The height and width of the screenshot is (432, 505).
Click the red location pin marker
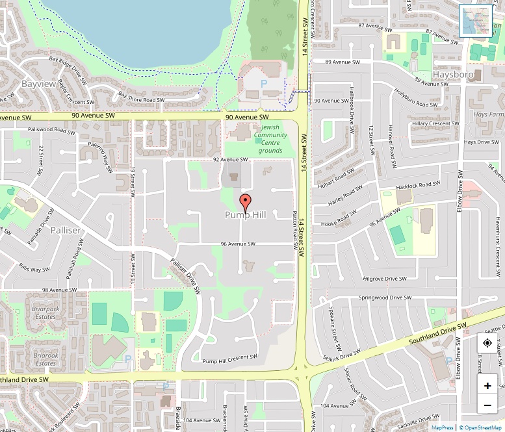pos(245,201)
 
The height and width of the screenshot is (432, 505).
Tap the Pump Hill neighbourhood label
pos(245,215)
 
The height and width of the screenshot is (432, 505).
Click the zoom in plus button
pos(487,386)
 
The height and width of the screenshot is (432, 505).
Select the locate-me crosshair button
pos(487,343)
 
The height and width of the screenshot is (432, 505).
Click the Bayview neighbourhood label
pos(38,84)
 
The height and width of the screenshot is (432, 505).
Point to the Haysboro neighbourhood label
pos(450,75)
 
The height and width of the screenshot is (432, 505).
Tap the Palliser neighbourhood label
pos(66,231)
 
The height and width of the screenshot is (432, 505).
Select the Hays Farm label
pos(488,114)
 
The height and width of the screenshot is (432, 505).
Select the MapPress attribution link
pos(443,427)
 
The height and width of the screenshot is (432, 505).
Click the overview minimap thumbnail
pos(476,21)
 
